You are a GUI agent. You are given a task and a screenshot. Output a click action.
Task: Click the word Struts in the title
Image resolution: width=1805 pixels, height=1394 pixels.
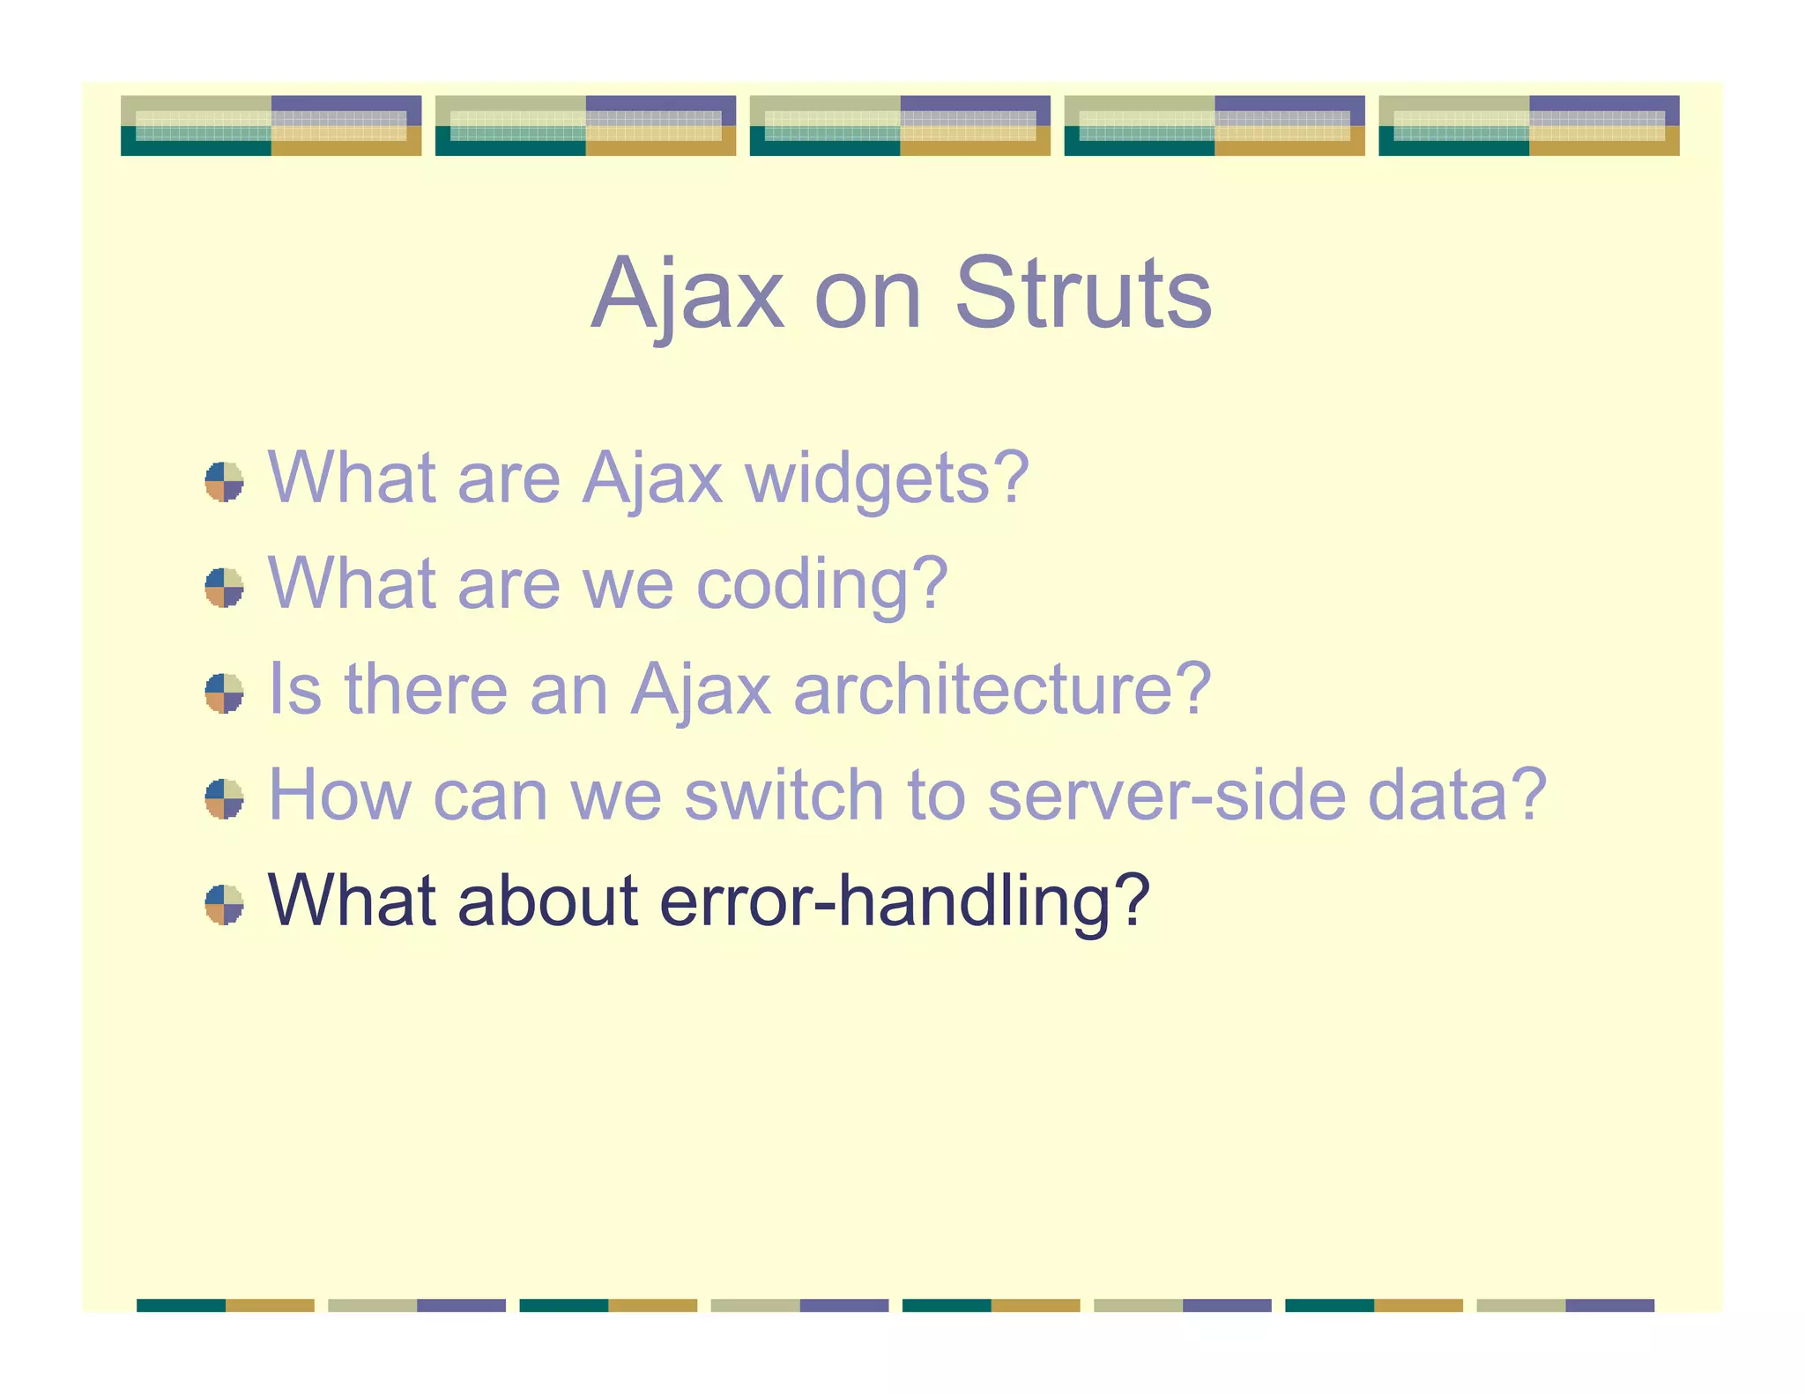[x=1083, y=293]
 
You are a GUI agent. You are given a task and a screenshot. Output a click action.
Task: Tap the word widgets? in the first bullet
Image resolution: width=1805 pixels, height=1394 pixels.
[x=887, y=478]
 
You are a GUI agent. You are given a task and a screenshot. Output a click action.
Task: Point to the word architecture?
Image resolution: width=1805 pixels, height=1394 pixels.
[x=1002, y=690]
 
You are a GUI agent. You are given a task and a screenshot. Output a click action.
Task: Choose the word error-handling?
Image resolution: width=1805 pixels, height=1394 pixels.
[x=904, y=901]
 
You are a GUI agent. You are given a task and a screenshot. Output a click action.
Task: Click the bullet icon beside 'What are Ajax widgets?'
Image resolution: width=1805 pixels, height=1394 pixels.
[x=224, y=482]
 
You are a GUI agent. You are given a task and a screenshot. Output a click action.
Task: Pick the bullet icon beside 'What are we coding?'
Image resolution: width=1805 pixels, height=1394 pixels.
[x=224, y=588]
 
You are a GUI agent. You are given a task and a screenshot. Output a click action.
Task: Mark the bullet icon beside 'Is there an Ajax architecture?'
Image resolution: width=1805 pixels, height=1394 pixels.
[x=224, y=693]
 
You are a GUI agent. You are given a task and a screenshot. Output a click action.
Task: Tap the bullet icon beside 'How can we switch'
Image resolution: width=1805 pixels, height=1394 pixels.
[x=224, y=799]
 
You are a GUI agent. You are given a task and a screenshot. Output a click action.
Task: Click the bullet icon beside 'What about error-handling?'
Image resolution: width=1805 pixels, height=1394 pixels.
[x=224, y=905]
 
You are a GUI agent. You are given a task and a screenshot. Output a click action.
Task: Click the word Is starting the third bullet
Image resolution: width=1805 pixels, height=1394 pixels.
[x=294, y=690]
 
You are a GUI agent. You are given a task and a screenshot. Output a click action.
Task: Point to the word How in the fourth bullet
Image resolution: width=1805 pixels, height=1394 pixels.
[x=339, y=796]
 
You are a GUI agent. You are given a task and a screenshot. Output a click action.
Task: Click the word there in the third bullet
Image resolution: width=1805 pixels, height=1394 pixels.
[x=426, y=690]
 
